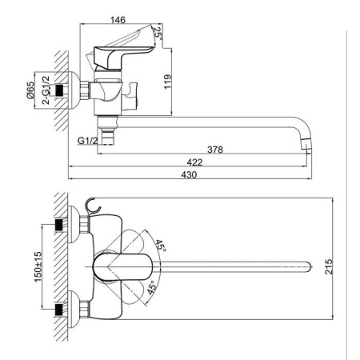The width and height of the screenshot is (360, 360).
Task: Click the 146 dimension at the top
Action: point(118,20)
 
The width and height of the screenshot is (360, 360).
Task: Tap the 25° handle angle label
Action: point(158,34)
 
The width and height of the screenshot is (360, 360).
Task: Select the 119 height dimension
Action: point(167,82)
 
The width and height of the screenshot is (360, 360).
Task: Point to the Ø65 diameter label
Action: point(30,90)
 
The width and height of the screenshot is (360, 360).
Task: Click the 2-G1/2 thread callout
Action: point(46,90)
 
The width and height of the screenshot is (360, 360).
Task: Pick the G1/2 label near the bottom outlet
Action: point(88,141)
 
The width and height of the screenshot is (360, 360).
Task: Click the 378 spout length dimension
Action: point(215,150)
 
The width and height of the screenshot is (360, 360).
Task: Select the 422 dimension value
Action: point(194,162)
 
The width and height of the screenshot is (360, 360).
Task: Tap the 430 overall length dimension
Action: point(189,174)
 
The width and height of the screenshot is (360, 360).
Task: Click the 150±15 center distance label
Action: point(38,266)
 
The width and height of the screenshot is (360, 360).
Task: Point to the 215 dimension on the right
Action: point(329,266)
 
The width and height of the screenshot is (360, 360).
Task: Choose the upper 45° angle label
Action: point(161,246)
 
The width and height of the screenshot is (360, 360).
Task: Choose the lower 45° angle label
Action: point(151,287)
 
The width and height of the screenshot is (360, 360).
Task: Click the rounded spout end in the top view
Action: point(308,266)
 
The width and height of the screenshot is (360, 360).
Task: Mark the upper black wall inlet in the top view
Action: point(60,224)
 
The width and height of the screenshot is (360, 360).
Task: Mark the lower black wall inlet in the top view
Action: point(60,310)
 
